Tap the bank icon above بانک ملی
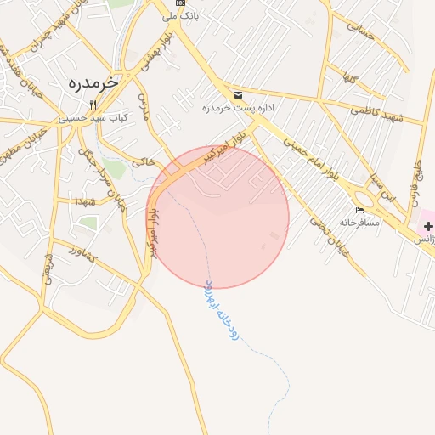click(179, 3)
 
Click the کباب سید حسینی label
click(93, 118)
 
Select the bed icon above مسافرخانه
click(359, 210)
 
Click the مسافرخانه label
click(359, 222)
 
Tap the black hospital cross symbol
click(429, 226)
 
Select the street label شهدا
click(84, 201)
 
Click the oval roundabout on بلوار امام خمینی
click(424, 228)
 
